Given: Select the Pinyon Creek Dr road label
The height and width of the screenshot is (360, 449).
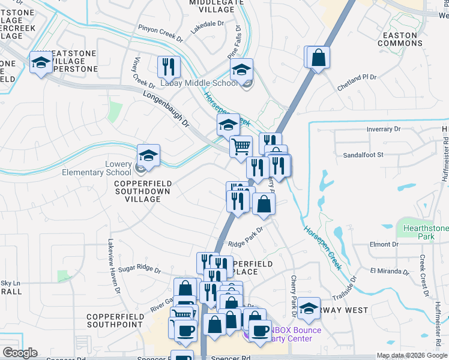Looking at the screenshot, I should (160, 33).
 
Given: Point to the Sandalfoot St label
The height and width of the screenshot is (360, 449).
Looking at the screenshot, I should (363, 155).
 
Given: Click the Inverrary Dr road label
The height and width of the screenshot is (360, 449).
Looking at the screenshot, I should (383, 129).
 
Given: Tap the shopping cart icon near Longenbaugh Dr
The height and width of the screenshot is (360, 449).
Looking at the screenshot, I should (241, 145).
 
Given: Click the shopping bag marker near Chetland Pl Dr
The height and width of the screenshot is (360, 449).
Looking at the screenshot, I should (319, 58).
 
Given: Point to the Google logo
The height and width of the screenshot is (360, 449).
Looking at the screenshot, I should (20, 353).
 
